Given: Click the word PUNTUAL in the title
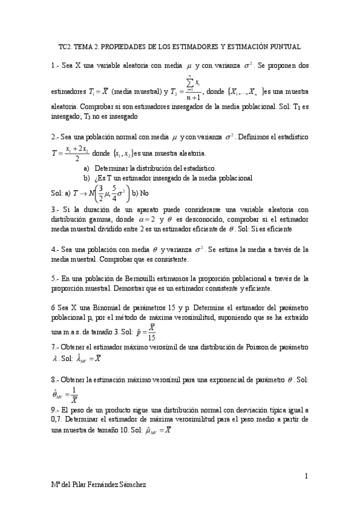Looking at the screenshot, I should [282, 46].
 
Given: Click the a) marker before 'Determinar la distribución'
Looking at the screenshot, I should [87, 168].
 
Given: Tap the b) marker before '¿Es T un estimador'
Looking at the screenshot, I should [87, 177].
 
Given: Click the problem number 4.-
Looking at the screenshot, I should [55, 249].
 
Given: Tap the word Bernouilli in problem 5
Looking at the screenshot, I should [142, 278].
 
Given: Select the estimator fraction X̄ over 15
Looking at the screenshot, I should [152, 332].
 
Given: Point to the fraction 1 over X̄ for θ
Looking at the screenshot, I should [73, 395].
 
